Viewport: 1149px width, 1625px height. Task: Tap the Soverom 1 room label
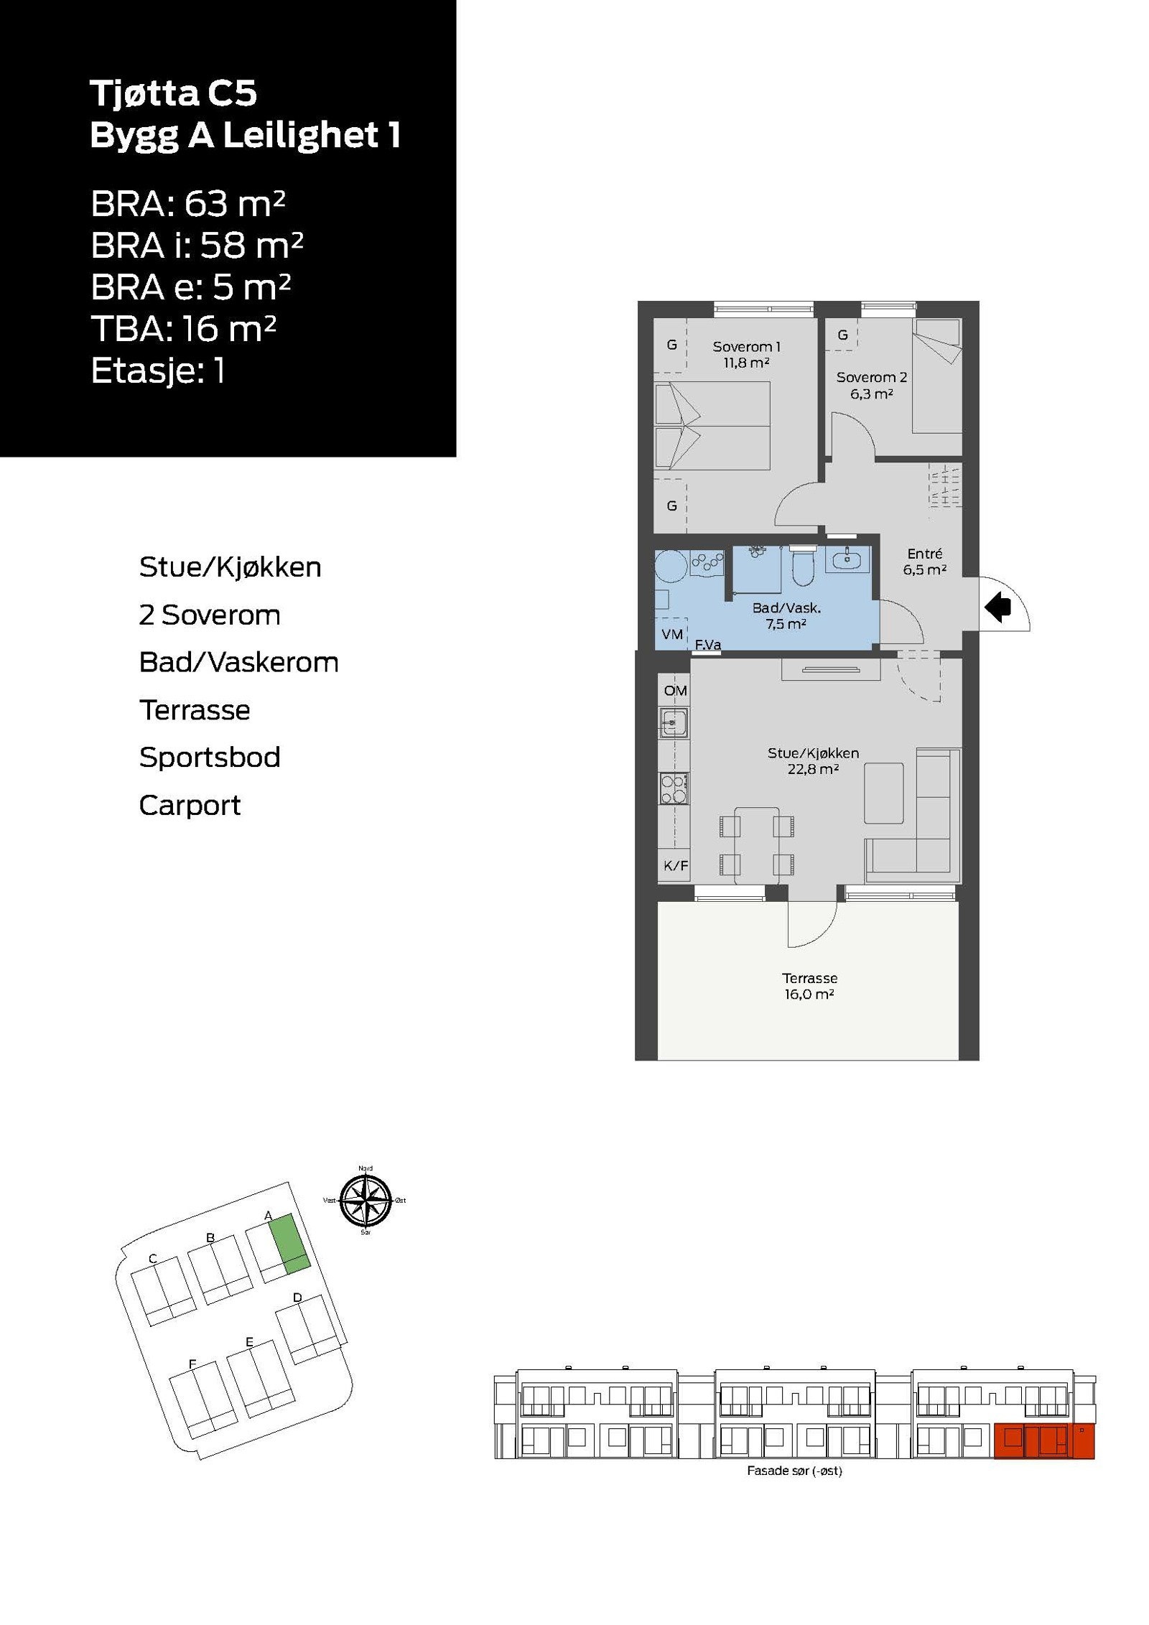(746, 354)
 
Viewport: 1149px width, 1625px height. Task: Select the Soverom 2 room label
(871, 385)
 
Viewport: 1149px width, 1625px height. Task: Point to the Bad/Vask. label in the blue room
(786, 615)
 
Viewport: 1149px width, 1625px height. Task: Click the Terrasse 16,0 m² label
(809, 986)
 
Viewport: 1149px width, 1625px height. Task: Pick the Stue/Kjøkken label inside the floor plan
(813, 760)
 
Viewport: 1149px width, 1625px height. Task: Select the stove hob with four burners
(674, 788)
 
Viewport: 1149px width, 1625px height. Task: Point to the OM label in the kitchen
(675, 691)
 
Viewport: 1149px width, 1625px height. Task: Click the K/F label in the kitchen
(675, 866)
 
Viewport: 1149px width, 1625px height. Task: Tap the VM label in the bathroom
(672, 634)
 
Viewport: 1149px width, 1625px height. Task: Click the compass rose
(366, 1201)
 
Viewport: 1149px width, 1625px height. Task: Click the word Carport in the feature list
(190, 806)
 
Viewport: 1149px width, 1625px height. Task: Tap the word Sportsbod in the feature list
(210, 758)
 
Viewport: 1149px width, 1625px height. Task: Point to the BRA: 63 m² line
(188, 205)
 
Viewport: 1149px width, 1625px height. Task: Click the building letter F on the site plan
(192, 1364)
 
